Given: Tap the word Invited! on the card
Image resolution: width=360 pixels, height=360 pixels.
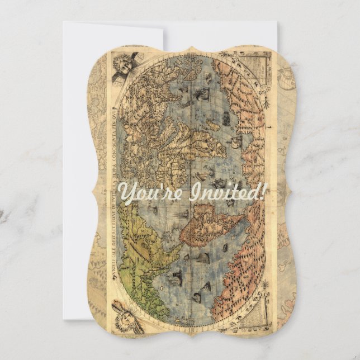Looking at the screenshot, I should (230, 193).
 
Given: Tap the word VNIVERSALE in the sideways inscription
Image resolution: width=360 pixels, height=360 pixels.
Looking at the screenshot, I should (118, 263).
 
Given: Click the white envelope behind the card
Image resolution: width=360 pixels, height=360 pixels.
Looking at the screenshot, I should (112, 168).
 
